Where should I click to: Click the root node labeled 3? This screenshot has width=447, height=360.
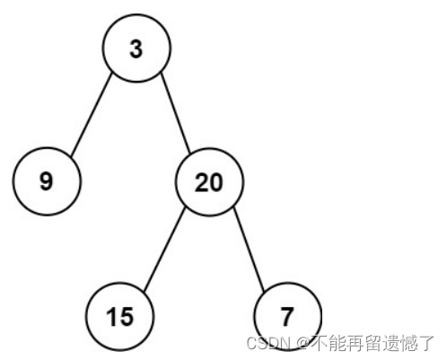tap(136, 48)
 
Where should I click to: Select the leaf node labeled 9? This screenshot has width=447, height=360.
tap(47, 181)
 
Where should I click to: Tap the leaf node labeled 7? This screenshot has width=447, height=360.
tap(287, 316)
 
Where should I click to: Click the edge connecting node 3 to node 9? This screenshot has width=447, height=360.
tap(92, 114)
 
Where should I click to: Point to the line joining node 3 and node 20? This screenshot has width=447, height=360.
tap(176, 113)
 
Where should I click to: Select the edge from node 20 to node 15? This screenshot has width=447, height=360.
tap(164, 249)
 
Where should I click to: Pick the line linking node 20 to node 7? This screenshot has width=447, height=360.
tap(249, 249)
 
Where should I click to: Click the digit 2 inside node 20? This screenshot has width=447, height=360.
tap(202, 182)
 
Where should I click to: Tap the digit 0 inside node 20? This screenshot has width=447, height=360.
tap(216, 182)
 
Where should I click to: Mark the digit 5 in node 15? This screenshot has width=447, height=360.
tap(127, 317)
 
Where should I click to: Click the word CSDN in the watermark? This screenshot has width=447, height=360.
tap(268, 343)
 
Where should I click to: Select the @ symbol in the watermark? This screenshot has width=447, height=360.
tap(303, 343)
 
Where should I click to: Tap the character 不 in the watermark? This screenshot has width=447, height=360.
tap(320, 343)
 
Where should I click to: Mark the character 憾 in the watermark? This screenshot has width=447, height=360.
tap(408, 343)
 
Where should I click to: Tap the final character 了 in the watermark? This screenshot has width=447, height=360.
tap(426, 343)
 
